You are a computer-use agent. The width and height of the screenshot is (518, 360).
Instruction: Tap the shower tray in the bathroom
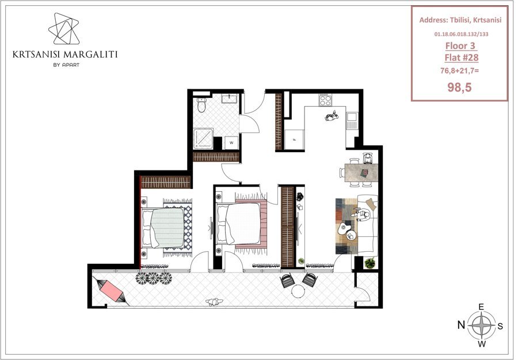(x=203, y=138)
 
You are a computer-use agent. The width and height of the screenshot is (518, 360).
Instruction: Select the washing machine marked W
(x=231, y=143)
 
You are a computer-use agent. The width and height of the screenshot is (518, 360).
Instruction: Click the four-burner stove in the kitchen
(x=325, y=100)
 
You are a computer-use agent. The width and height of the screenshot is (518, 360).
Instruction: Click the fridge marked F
(x=294, y=139)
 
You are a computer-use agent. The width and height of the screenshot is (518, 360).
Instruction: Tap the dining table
(x=361, y=173)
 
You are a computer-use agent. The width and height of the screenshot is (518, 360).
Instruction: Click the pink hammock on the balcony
(x=111, y=290)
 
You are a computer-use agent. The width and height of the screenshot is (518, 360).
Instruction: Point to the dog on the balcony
(x=214, y=301)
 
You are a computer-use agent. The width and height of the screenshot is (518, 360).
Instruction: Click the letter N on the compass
(x=461, y=325)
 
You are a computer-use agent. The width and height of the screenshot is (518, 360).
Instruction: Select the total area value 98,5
(x=459, y=88)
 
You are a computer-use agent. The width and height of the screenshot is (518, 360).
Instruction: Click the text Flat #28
(x=461, y=58)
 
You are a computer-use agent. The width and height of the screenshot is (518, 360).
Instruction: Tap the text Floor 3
(x=460, y=46)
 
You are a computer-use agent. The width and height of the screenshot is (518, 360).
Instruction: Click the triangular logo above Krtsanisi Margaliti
(x=64, y=29)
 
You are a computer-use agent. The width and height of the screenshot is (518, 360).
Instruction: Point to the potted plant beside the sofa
(x=370, y=263)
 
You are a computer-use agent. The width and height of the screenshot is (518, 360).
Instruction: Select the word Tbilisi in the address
(x=459, y=20)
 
